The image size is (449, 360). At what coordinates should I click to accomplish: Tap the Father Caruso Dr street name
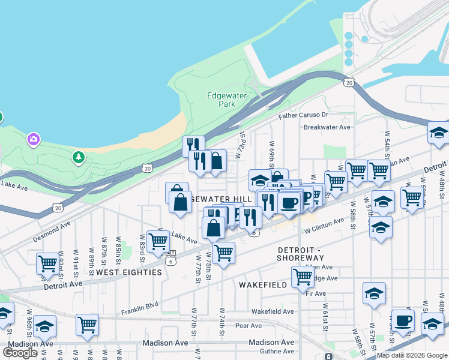[303, 115]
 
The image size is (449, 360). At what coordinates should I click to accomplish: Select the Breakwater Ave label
[327, 127]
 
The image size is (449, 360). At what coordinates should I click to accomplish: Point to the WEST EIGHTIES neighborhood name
[129, 272]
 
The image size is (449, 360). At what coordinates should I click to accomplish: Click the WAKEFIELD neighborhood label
[263, 285]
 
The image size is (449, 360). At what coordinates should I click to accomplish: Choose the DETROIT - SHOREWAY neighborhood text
[300, 254]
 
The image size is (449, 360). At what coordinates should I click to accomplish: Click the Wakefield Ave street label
[273, 311]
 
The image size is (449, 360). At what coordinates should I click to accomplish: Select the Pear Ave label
[249, 326]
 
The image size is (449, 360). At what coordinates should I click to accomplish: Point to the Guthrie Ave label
[273, 351]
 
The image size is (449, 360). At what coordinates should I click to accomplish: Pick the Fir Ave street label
[316, 293]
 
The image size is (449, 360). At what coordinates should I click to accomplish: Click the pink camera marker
[33, 140]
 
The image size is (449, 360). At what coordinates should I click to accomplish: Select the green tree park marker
[77, 157]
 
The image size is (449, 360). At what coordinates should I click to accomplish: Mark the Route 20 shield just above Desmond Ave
[58, 208]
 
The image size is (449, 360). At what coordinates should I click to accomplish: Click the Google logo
[20, 353]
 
